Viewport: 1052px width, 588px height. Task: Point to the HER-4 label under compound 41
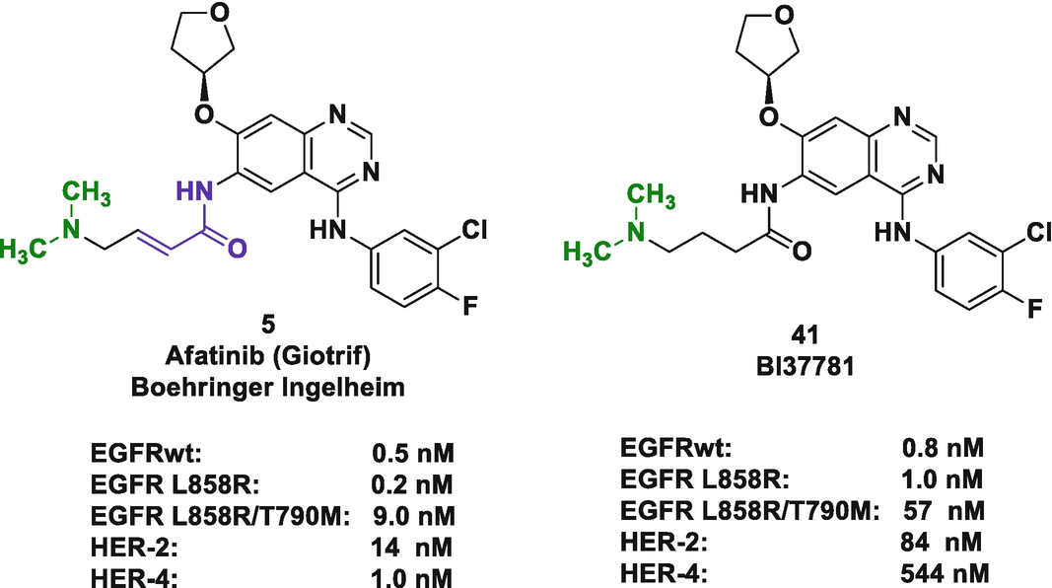pyautogui.click(x=658, y=571)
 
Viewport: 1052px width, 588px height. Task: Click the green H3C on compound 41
pyautogui.click(x=589, y=254)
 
